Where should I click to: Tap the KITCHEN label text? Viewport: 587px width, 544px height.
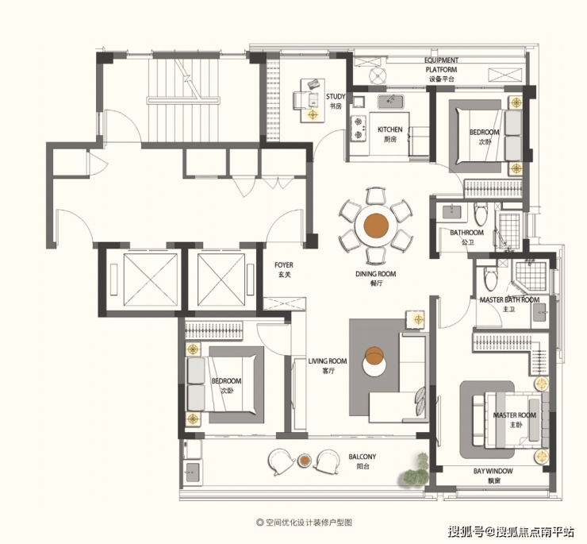tap(389, 129)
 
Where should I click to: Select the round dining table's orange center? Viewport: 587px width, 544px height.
tap(376, 226)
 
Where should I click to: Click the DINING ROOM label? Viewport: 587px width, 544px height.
tap(375, 274)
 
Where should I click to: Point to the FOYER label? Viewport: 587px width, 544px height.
tap(284, 265)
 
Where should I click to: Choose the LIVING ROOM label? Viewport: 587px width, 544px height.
tap(328, 361)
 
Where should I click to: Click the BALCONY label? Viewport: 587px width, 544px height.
tap(362, 457)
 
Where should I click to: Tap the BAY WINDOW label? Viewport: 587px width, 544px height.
tap(493, 471)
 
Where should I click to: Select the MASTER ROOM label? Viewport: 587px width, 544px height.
tap(514, 415)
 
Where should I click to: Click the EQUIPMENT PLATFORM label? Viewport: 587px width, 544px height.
tap(441, 65)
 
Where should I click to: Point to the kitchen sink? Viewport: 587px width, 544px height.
tap(390, 101)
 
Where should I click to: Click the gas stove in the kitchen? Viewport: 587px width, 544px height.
tap(359, 128)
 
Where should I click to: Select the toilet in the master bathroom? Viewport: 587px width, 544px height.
tap(490, 277)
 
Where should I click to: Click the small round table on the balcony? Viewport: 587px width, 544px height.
tap(305, 460)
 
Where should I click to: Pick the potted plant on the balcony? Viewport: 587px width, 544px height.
tap(415, 470)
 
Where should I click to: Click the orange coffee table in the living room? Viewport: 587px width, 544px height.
tap(374, 356)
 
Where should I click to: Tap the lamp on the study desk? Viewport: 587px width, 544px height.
tap(313, 114)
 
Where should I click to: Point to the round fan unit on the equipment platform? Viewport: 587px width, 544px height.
tap(378, 75)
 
